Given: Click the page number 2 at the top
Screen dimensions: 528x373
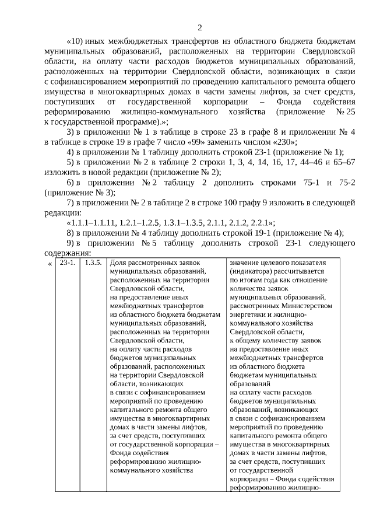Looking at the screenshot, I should pyautogui.click(x=200, y=27).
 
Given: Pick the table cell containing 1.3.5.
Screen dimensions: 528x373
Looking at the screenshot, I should pyautogui.click(x=93, y=263).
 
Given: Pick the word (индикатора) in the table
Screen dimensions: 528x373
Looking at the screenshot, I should pyautogui.click(x=253, y=271).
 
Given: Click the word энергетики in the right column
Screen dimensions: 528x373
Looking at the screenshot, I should pyautogui.click(x=248, y=314).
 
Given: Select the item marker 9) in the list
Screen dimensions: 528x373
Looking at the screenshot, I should pyautogui.click(x=72, y=243).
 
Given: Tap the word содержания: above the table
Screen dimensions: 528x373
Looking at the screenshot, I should pyautogui.click(x=68, y=253).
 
